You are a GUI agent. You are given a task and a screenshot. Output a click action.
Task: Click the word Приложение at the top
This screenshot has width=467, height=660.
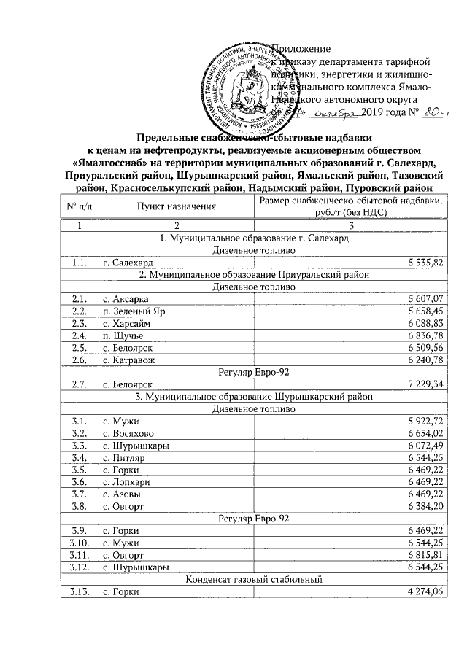[301, 48]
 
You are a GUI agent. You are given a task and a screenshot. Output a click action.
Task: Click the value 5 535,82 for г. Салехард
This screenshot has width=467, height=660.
[422, 262]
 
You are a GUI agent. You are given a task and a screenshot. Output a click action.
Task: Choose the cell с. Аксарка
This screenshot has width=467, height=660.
[126, 299]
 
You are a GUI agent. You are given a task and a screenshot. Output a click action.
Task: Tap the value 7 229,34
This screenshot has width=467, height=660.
[422, 384]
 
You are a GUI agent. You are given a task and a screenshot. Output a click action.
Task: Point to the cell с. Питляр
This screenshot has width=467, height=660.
[125, 459]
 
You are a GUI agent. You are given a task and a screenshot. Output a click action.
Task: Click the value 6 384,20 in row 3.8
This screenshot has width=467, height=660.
[422, 506]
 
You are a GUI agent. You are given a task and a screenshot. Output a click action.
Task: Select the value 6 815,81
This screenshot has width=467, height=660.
[422, 555]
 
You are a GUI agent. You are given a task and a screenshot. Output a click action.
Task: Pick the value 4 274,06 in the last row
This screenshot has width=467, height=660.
[422, 592]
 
